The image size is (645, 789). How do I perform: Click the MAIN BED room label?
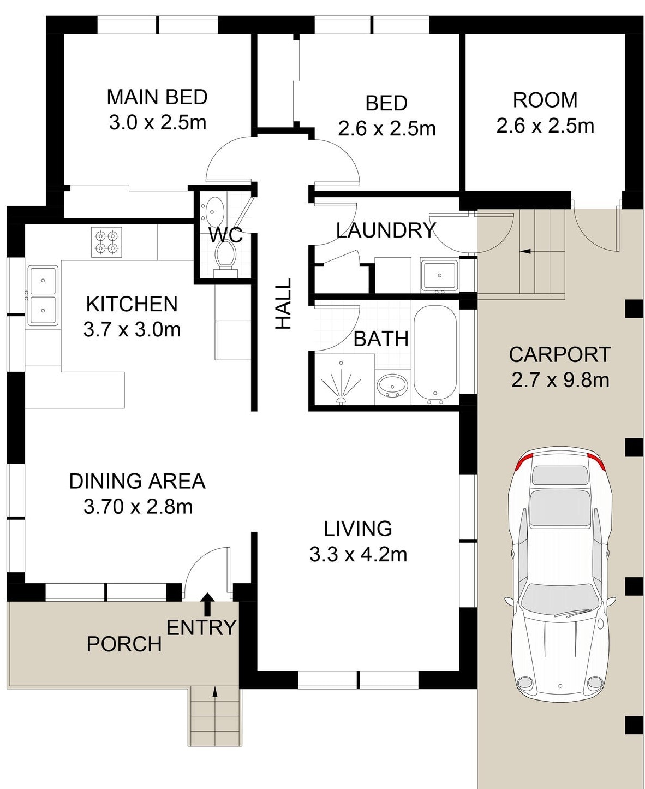click(x=157, y=97)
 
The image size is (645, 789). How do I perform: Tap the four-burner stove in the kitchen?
click(x=106, y=242)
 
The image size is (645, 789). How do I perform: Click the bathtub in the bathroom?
click(x=435, y=355)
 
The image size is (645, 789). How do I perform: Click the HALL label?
click(x=283, y=304)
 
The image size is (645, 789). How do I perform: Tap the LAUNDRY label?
click(x=386, y=230)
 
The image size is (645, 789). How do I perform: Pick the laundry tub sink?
click(x=439, y=276)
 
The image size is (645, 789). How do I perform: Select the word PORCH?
click(x=124, y=644)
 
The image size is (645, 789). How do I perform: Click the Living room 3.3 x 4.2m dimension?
click(x=358, y=555)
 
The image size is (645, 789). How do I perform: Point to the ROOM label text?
click(x=545, y=100)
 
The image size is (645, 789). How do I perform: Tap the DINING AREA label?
click(x=137, y=481)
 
